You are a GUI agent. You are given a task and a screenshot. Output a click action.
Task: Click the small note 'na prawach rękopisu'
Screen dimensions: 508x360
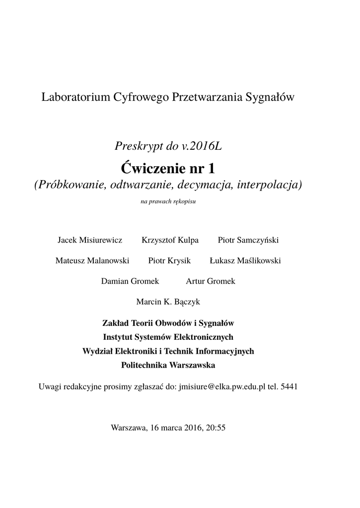click(168, 202)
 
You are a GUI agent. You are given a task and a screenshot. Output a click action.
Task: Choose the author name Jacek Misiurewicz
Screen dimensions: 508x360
click(90, 240)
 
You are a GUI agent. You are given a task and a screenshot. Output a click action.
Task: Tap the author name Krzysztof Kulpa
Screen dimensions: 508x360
click(170, 240)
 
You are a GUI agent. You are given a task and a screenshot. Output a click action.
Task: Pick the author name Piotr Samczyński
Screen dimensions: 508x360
click(248, 240)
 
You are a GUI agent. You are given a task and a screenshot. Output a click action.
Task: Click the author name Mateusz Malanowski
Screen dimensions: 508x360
click(92, 260)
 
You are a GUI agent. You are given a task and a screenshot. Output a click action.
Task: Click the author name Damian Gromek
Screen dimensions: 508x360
click(130, 281)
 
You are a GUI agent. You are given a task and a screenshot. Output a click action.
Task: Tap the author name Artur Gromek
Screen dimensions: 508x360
click(211, 281)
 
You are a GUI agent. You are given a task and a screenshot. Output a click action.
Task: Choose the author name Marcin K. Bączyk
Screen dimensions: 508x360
click(168, 301)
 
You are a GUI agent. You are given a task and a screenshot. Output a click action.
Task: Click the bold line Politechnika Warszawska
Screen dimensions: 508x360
click(168, 365)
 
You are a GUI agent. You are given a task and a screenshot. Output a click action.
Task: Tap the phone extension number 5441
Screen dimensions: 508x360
click(289, 386)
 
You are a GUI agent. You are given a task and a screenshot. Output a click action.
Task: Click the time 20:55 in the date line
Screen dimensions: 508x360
click(216, 427)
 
